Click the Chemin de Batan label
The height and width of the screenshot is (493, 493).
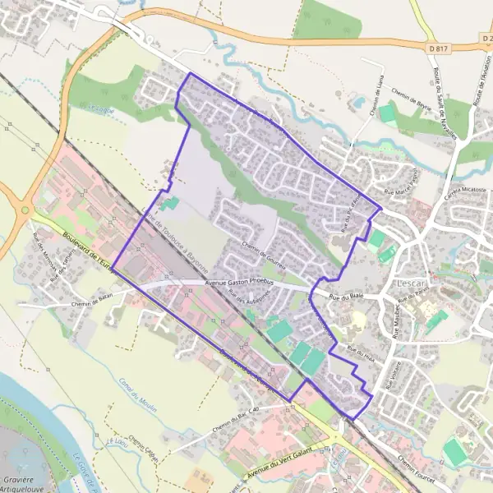coord(92,299)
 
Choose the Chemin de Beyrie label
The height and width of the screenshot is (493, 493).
coord(412,99)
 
